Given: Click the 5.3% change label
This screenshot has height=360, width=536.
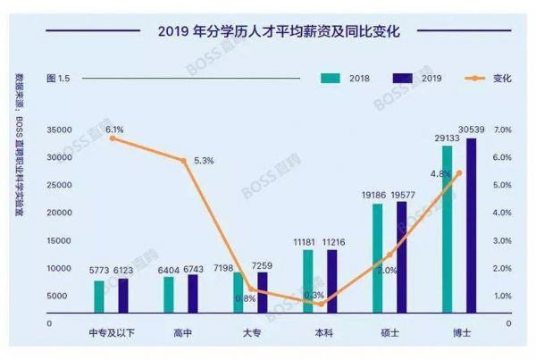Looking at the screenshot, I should pyautogui.click(x=202, y=161).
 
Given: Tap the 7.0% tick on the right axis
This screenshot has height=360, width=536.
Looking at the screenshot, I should pyautogui.click(x=502, y=130).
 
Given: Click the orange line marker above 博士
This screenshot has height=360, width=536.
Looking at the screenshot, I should pyautogui.click(x=459, y=173).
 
